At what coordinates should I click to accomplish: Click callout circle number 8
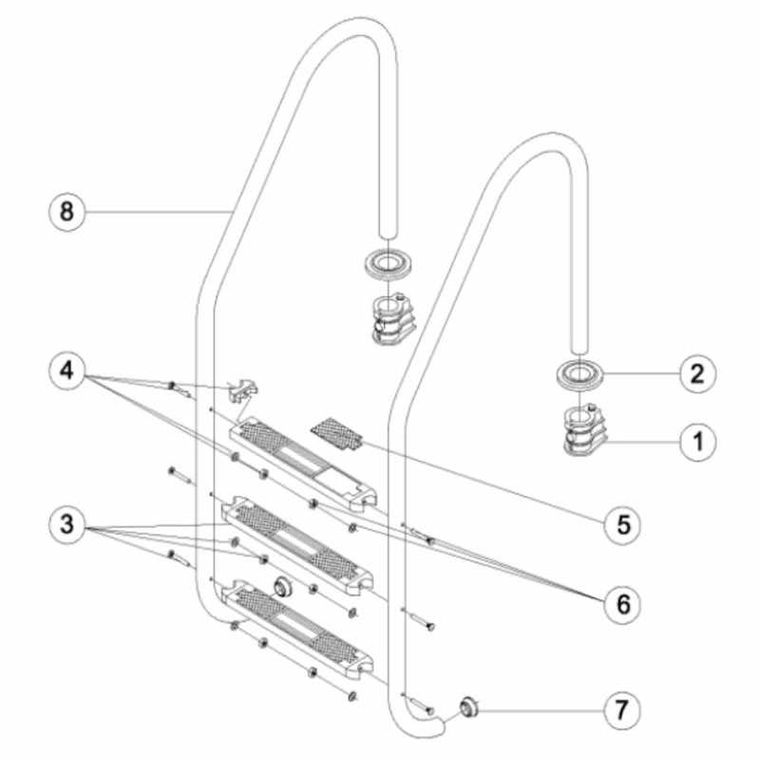coord(66,211)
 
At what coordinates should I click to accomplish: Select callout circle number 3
coord(66,524)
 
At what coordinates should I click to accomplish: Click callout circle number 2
coord(696,372)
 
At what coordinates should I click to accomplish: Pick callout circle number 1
coord(696,441)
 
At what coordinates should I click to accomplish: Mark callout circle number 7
coord(622,709)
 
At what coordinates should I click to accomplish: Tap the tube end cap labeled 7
coord(467,708)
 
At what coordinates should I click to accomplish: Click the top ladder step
coord(304,461)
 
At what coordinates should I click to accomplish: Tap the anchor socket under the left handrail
coord(390,323)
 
